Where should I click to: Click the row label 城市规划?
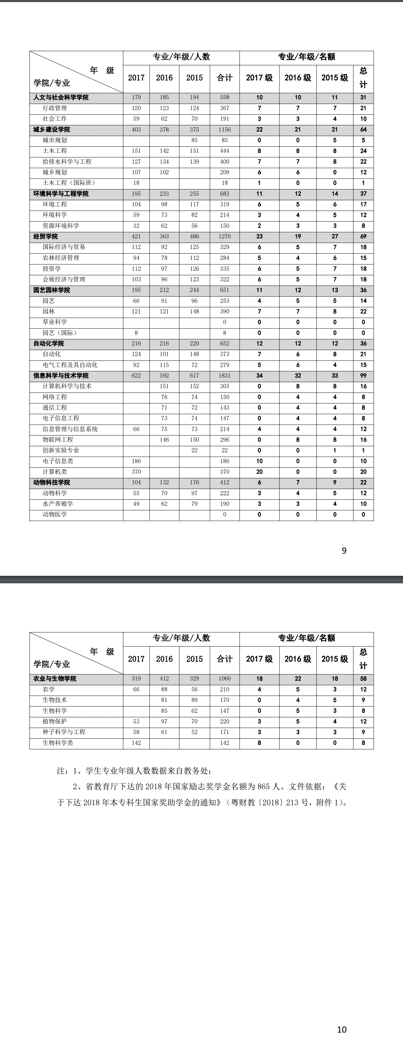[x=55, y=140]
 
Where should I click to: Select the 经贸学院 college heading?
[x=45, y=236]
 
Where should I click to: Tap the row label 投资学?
[x=52, y=268]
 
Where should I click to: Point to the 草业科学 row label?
[x=55, y=322]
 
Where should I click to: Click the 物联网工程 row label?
[x=58, y=440]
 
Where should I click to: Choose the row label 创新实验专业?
[x=61, y=450]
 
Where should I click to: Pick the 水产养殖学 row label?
[x=58, y=503]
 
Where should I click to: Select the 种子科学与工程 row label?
[x=64, y=732]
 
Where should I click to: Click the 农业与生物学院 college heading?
[x=55, y=678]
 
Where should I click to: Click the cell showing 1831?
[x=225, y=376]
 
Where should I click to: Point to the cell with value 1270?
[x=225, y=236]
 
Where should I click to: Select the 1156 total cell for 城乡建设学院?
[x=225, y=130]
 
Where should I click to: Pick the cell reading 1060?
[x=225, y=678]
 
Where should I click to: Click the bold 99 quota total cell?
[x=363, y=376]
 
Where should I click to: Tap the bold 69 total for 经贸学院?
[x=363, y=236]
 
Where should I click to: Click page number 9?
[x=344, y=551]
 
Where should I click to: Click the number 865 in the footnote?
[x=264, y=787]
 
